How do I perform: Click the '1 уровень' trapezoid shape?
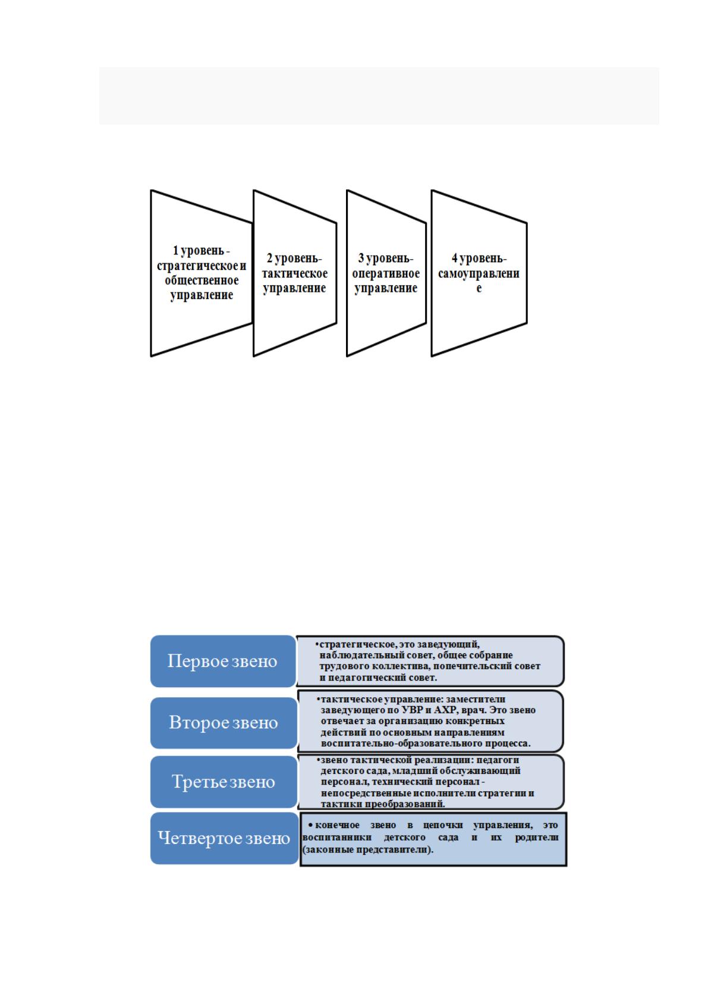pos(202,273)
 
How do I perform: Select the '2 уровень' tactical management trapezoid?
pos(295,273)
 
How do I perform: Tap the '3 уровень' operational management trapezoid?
pos(386,273)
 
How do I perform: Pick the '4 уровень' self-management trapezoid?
pos(479,273)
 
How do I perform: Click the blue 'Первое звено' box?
pos(223,661)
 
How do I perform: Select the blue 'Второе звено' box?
pos(224,723)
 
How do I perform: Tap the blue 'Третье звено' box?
pos(224,782)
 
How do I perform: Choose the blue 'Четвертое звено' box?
pos(224,838)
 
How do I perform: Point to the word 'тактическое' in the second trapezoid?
pos(295,273)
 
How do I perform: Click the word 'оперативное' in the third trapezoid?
pos(386,273)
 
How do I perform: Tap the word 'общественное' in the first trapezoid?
pos(202,280)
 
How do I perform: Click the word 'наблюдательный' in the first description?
pos(354,656)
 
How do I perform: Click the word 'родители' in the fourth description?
pos(537,837)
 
